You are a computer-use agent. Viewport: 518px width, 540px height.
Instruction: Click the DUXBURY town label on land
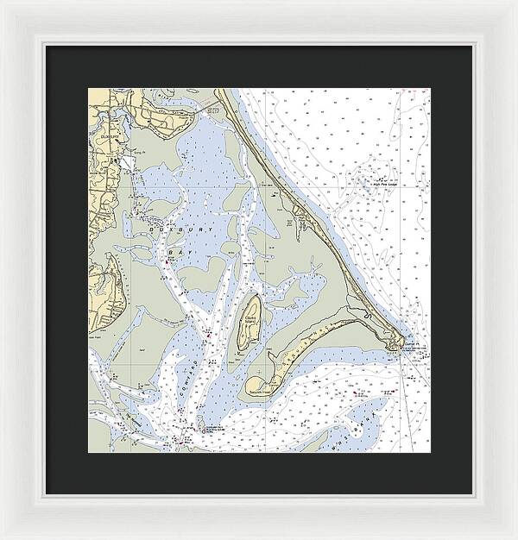(109, 136)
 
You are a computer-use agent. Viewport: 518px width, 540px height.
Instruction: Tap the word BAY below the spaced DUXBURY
(176, 252)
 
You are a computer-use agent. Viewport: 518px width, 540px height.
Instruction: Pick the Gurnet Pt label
(418, 344)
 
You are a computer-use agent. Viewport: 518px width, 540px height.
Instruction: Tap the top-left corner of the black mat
(47, 46)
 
